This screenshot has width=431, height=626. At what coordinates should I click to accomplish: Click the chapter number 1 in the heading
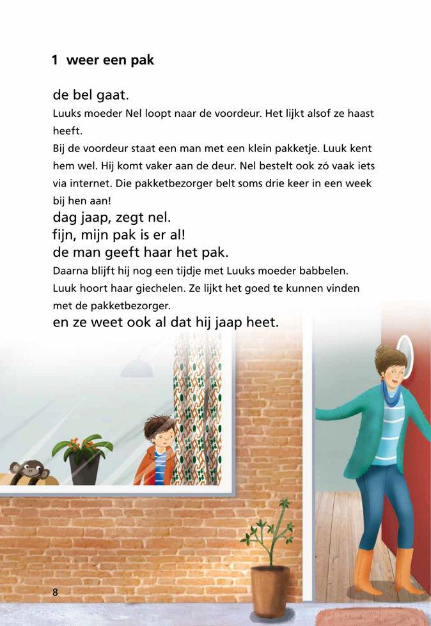[55, 61]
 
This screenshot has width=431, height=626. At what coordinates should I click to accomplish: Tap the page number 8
[55, 592]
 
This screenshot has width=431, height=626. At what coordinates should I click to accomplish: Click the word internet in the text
[88, 183]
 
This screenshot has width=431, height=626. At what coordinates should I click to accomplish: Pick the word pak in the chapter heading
[143, 61]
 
